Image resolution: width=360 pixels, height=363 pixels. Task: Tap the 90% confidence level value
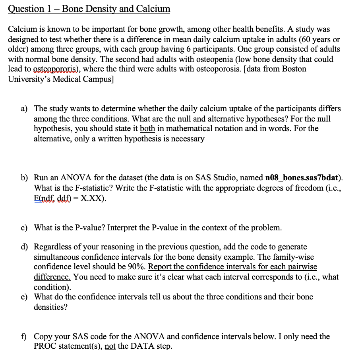[x=137, y=266]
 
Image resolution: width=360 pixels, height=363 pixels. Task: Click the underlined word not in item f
[x=110, y=346]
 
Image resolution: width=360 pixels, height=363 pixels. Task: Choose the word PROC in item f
[x=45, y=346]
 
